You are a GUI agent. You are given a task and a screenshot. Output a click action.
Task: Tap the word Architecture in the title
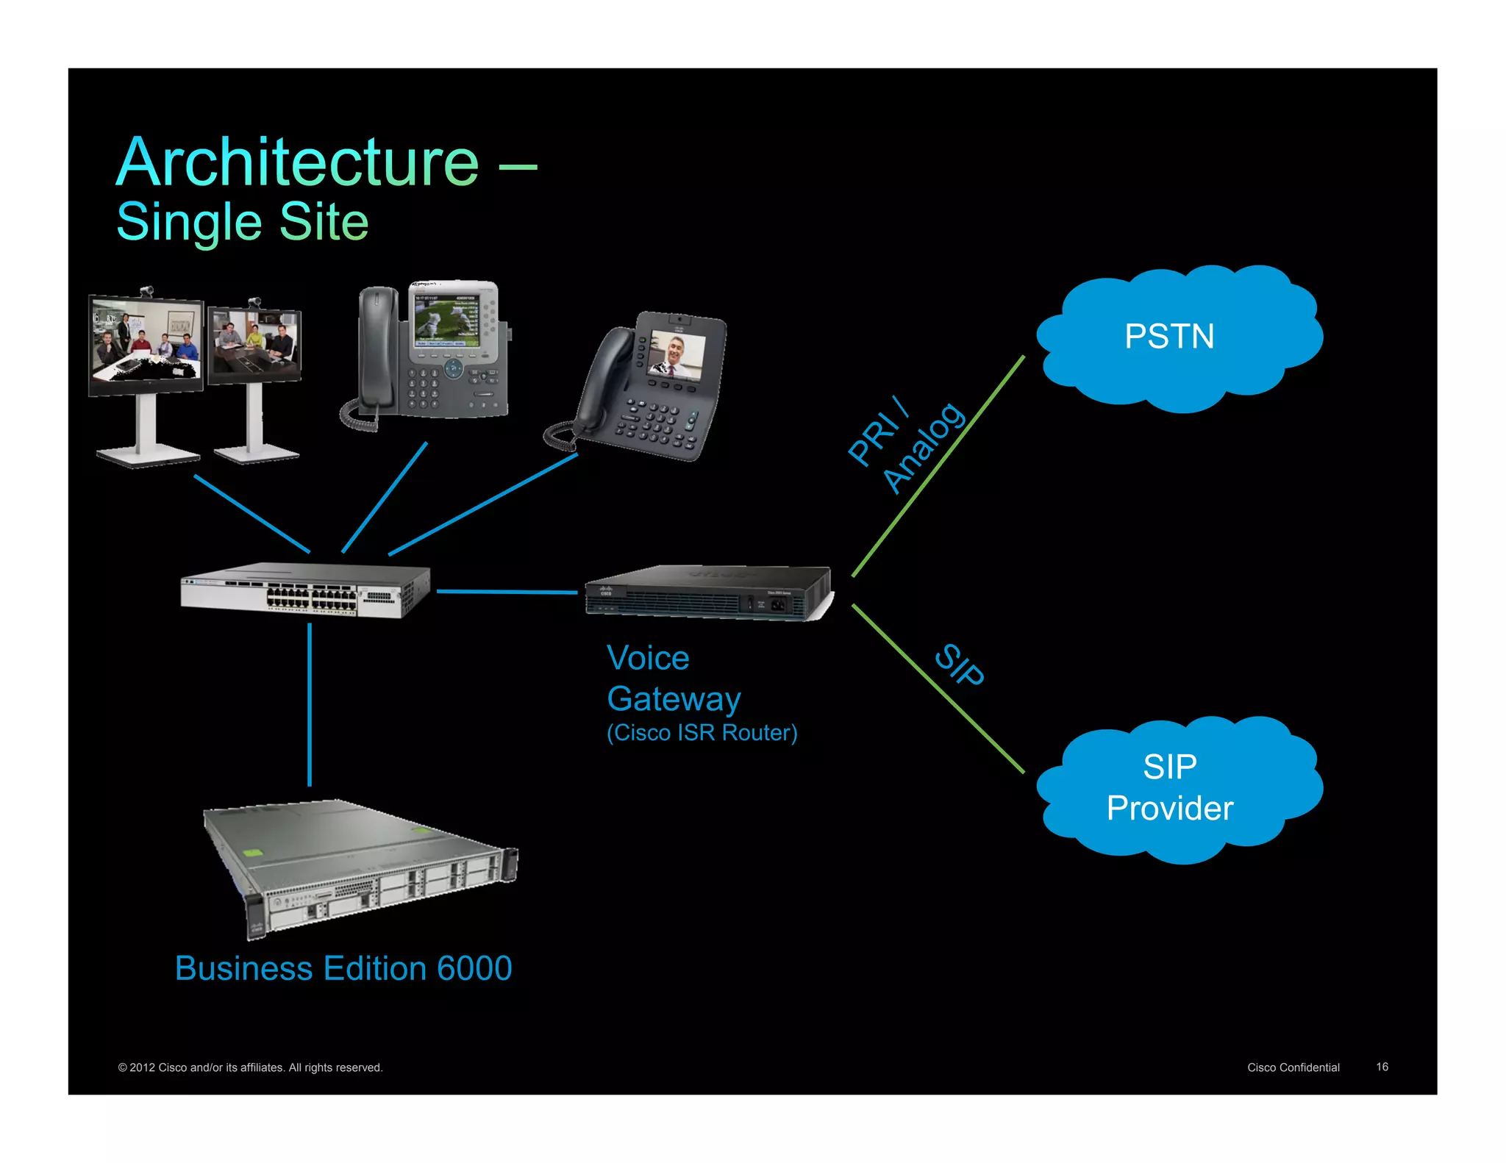(298, 163)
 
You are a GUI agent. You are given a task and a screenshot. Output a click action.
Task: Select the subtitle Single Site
(243, 222)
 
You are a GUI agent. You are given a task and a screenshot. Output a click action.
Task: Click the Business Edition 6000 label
(343, 969)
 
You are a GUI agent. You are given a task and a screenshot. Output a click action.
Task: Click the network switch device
(305, 590)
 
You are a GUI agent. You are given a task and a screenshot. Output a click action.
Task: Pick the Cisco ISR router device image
(707, 593)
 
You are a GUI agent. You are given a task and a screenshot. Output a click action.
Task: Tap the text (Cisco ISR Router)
(702, 733)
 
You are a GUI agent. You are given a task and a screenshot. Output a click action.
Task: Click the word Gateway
(674, 699)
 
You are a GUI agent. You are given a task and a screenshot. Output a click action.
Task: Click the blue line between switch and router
(507, 592)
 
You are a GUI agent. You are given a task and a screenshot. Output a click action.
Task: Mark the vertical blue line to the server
(310, 706)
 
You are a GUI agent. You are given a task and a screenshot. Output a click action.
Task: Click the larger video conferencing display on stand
(146, 346)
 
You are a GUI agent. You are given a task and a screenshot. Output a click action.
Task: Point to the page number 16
(1382, 1067)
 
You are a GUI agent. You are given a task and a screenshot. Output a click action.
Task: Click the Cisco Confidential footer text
(1293, 1067)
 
